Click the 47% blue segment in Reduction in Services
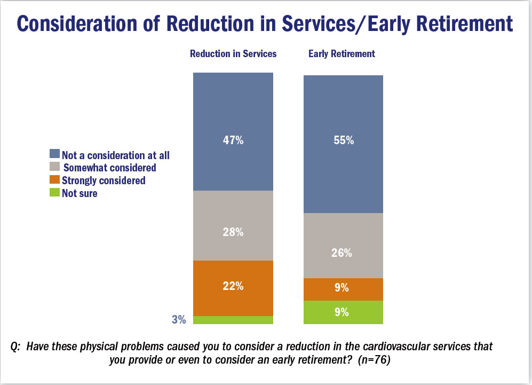click(x=233, y=132)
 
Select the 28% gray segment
click(x=233, y=225)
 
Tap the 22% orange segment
click(x=233, y=288)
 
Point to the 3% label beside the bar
click(x=179, y=320)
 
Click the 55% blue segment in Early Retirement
click(x=343, y=144)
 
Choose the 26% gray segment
click(x=343, y=245)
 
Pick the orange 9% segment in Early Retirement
click(x=343, y=289)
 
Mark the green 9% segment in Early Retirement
click(x=343, y=312)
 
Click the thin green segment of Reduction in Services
click(x=233, y=320)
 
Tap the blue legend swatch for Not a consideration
click(x=54, y=155)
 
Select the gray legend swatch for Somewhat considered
click(x=54, y=168)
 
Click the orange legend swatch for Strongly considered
click(x=54, y=180)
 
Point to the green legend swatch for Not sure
click(x=54, y=193)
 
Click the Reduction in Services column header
click(x=233, y=54)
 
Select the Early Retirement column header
click(x=342, y=54)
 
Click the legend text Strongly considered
click(x=104, y=180)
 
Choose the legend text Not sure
click(x=80, y=193)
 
